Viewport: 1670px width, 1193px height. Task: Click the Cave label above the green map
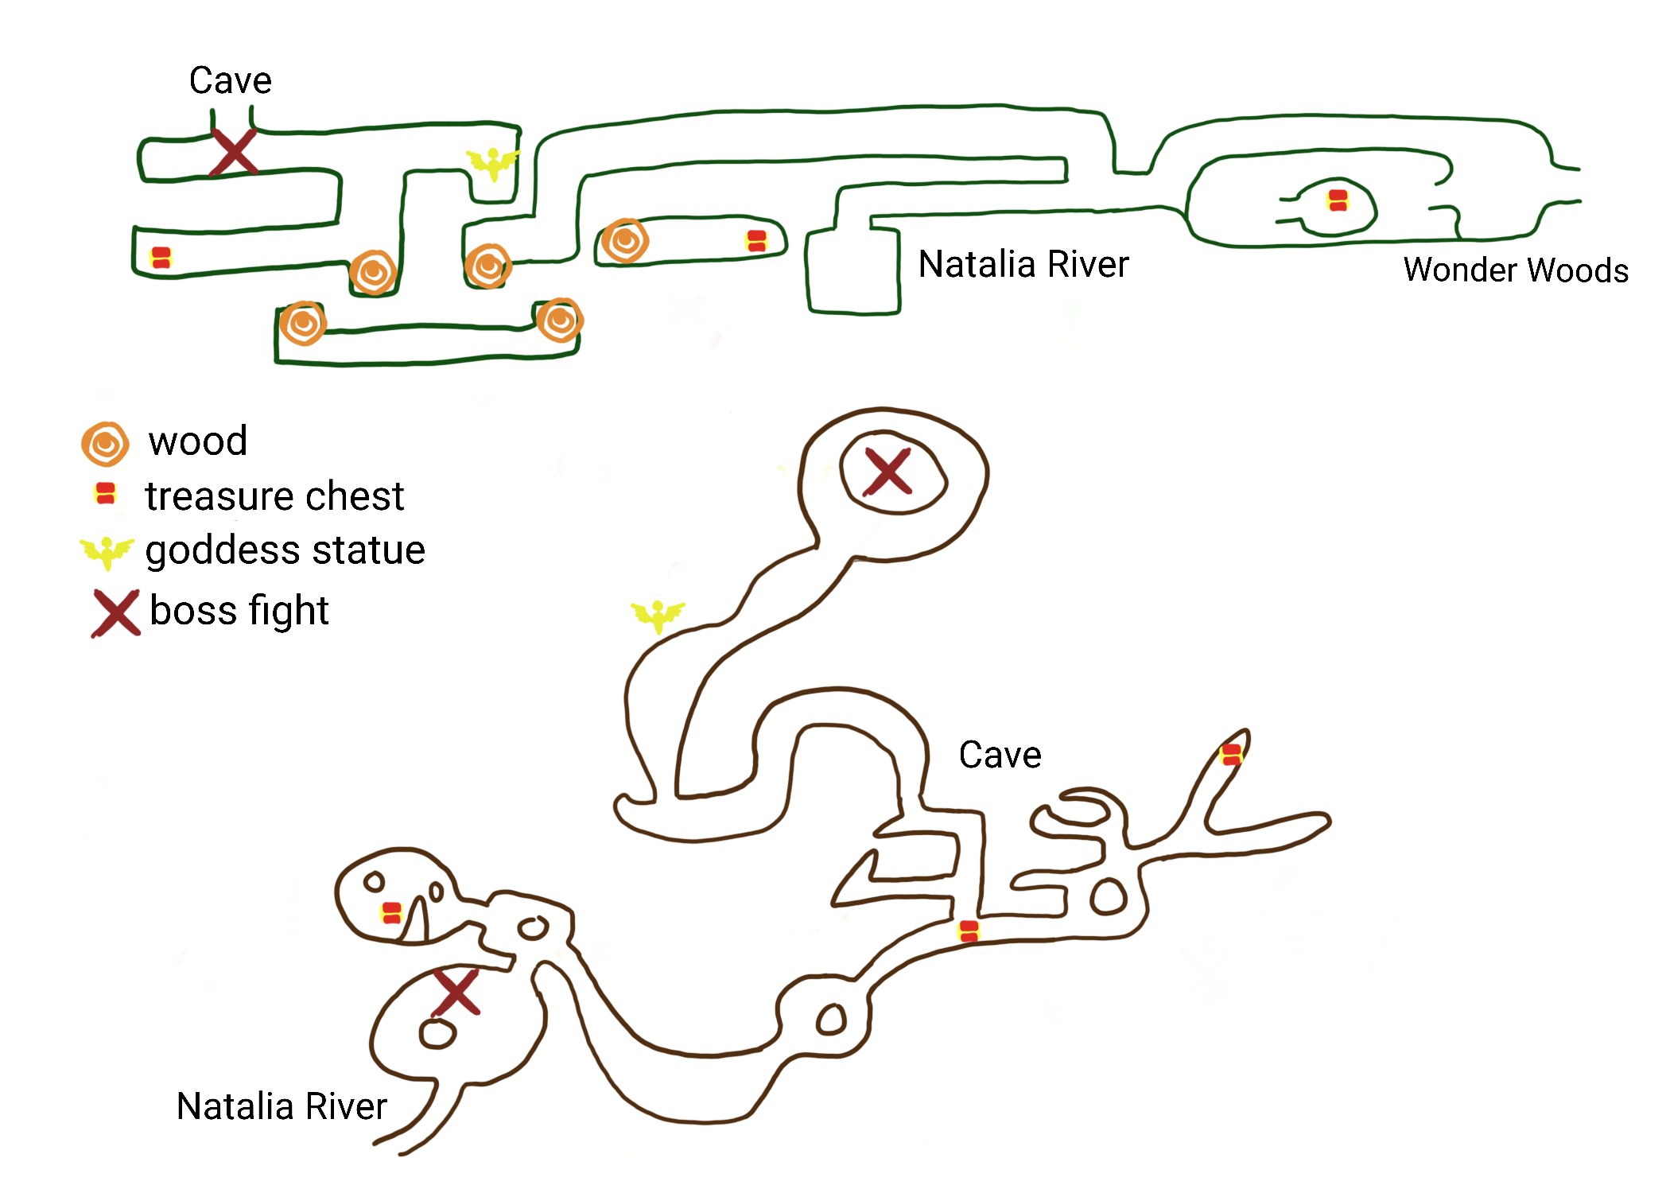point(230,80)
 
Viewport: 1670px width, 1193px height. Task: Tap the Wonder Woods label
point(1515,270)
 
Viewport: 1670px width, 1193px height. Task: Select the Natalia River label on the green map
point(1023,264)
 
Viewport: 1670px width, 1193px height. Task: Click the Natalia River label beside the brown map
point(282,1106)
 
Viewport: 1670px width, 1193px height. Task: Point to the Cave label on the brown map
point(1000,755)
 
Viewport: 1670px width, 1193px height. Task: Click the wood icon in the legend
point(105,444)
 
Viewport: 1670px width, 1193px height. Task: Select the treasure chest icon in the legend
point(105,494)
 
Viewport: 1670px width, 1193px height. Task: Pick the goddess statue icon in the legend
point(107,551)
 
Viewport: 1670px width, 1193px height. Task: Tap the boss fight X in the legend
point(115,612)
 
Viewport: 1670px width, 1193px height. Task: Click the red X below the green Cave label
point(233,152)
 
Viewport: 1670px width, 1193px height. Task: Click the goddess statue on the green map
point(493,163)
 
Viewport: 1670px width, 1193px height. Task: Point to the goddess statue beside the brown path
point(658,615)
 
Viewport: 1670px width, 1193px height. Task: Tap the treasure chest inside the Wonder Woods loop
point(1338,200)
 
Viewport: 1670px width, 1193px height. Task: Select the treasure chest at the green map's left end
point(161,258)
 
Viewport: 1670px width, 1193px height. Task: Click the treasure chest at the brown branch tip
point(1231,754)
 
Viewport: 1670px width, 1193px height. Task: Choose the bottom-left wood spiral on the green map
point(302,324)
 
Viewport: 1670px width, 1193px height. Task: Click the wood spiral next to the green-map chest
point(624,240)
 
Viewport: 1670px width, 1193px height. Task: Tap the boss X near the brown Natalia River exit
point(456,992)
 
